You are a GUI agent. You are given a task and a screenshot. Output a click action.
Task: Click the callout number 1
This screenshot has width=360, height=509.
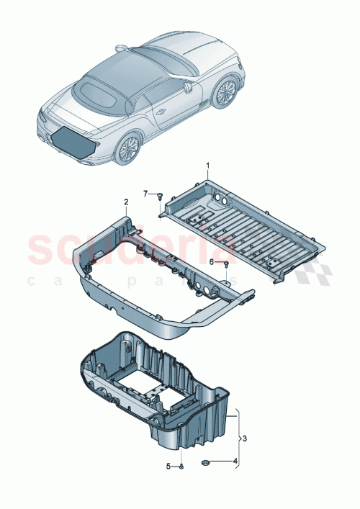pos(208,166)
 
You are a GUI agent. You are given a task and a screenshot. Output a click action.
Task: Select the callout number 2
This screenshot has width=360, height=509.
pos(125,202)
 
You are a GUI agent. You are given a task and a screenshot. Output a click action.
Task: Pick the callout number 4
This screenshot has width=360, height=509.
pos(234,461)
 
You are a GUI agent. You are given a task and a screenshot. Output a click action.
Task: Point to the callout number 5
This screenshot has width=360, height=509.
pos(170,467)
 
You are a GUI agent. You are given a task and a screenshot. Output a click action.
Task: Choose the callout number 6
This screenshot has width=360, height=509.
pos(212,263)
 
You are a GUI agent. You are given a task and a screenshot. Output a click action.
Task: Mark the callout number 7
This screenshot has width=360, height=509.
pos(145,194)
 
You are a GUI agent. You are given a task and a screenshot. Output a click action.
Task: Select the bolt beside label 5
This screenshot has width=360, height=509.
pos(181,467)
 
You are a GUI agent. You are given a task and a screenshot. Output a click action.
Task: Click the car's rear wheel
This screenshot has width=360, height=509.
pos(129,149)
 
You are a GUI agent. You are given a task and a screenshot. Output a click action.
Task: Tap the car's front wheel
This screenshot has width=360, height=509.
pos(226,91)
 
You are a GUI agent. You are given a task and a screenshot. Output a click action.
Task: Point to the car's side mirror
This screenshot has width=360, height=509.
pos(189,86)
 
